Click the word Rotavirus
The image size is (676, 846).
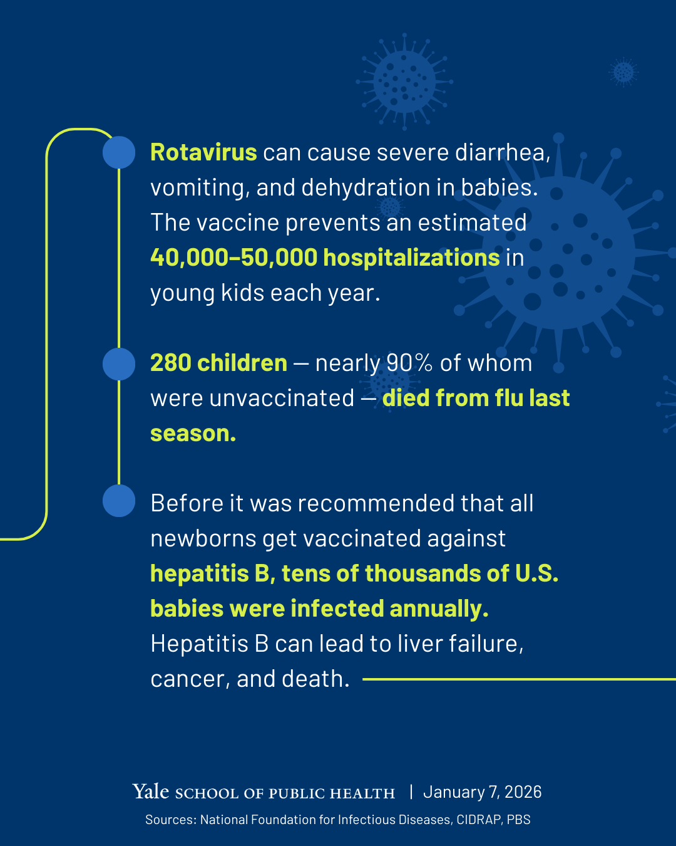click(203, 152)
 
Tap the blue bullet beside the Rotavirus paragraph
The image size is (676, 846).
click(119, 152)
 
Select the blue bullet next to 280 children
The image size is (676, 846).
click(119, 364)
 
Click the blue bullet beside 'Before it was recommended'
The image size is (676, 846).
click(119, 501)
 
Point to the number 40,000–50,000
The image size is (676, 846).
click(233, 258)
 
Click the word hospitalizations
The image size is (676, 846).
click(411, 258)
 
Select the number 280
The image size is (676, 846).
click(171, 363)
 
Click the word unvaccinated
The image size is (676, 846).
click(282, 398)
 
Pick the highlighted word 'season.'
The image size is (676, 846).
click(193, 434)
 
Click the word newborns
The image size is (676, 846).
click(203, 538)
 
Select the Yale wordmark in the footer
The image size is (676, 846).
click(150, 791)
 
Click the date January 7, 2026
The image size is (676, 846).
click(483, 792)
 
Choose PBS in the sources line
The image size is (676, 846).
click(518, 820)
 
